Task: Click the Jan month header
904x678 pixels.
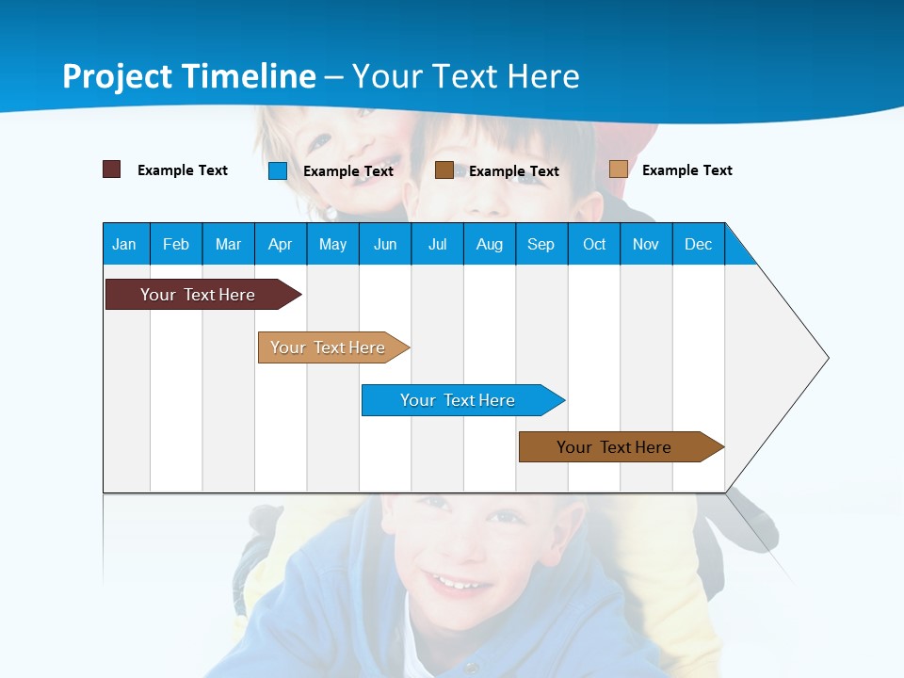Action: coord(124,244)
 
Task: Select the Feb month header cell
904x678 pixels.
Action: coord(176,244)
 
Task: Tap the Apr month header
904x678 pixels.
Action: coord(280,244)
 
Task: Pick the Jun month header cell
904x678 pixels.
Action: coord(385,244)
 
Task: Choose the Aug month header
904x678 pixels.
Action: coord(489,244)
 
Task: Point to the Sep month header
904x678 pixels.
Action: coord(541,244)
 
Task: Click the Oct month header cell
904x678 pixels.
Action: coord(594,244)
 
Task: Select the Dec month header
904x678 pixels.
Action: coord(698,244)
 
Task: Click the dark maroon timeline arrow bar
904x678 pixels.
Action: coord(198,295)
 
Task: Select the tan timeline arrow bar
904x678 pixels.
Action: coord(328,347)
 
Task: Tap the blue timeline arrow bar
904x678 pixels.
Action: coord(458,400)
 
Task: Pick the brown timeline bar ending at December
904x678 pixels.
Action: coord(614,447)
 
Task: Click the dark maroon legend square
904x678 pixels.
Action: coord(112,169)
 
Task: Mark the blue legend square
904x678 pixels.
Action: coord(278,170)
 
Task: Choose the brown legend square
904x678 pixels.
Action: coord(444,170)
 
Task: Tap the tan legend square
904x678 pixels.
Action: coord(619,169)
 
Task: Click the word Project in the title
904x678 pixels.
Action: coord(116,76)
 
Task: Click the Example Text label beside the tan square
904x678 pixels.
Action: coord(686,170)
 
